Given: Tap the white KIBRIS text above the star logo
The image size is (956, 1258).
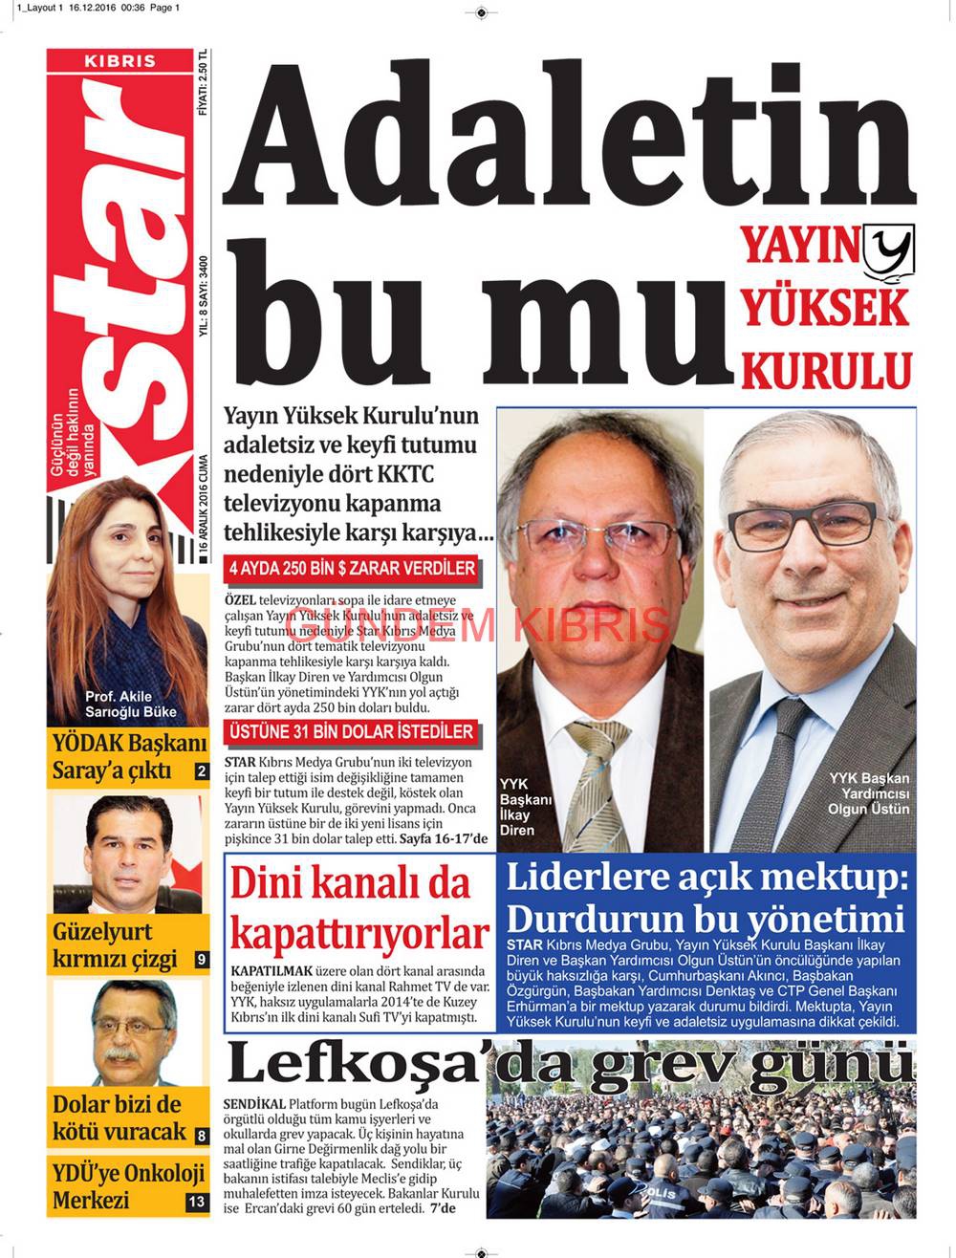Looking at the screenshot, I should (x=119, y=60).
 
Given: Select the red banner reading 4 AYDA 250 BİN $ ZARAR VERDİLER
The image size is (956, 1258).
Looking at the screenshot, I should (x=351, y=568).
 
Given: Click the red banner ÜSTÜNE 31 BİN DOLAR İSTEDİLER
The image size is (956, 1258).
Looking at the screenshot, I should (x=351, y=732).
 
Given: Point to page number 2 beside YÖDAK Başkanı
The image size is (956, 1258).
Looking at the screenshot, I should (x=201, y=771).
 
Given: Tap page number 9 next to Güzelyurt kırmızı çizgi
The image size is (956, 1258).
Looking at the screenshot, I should (x=201, y=959).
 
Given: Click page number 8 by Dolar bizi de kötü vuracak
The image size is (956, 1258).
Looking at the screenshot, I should (x=201, y=1136).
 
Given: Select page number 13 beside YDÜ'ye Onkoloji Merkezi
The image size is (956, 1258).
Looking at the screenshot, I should (x=196, y=1202).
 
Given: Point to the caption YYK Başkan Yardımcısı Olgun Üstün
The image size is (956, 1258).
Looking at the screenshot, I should (x=868, y=793).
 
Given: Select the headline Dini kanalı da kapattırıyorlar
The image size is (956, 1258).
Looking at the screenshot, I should (x=358, y=907).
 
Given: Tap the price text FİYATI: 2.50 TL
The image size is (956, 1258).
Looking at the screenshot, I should (x=203, y=83).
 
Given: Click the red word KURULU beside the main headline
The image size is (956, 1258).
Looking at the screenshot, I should (x=827, y=371).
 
